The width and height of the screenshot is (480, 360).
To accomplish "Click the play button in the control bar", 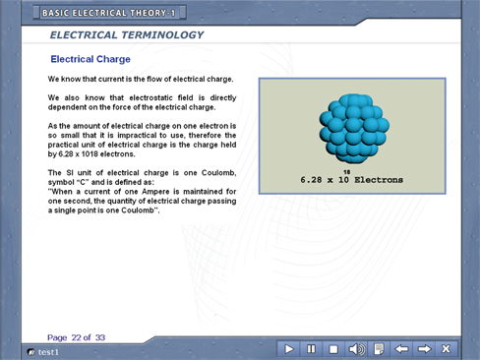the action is (288, 349).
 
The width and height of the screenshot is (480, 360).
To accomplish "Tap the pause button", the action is (311, 349).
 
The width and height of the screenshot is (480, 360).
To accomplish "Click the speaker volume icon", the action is (356, 349).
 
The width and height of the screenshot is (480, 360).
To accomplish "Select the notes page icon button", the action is (379, 349).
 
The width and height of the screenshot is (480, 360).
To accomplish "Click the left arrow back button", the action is (401, 349).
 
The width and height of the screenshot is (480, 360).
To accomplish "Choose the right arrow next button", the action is (424, 349).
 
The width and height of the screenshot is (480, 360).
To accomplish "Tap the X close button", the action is (446, 349).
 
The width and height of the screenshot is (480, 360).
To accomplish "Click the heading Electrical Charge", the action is (90, 59).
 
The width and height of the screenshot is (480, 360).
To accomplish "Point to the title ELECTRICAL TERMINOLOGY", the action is (127, 35).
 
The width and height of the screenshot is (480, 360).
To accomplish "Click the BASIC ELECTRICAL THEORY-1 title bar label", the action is (108, 13).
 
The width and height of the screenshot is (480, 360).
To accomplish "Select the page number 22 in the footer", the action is (76, 337).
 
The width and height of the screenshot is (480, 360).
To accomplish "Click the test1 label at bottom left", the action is (48, 352).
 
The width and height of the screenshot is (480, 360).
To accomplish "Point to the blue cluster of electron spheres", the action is (354, 129).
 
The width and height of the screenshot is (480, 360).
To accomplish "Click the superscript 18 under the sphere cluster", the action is (347, 172).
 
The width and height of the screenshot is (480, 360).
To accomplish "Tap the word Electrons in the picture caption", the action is (379, 180).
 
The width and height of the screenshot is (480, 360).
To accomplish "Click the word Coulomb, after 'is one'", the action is (218, 173).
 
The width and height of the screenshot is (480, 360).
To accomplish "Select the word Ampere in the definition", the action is (155, 192).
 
